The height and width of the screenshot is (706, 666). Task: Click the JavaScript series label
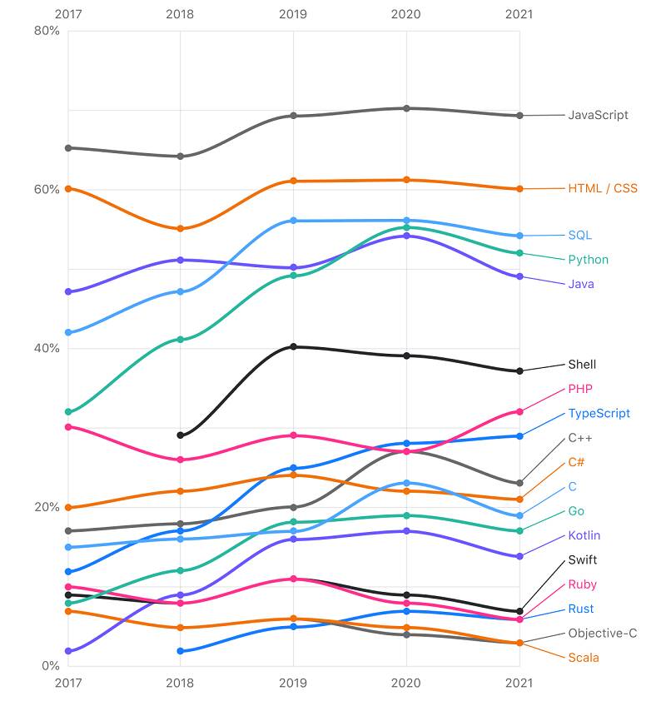598,115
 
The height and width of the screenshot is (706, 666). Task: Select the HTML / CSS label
603,188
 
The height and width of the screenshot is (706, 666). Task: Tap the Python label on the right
588,260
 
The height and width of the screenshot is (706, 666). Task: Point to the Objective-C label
603,634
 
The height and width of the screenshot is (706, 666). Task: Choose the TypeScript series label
599,414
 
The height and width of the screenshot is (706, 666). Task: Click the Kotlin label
584,536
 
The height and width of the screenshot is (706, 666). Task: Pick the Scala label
583,658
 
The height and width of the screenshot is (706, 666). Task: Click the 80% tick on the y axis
47,31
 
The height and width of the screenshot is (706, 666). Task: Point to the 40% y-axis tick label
47,348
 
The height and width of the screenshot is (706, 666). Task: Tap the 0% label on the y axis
50,666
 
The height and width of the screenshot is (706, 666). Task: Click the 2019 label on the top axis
293,14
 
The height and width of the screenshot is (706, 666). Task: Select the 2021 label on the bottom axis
519,683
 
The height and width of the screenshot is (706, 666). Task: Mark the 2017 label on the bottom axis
68,683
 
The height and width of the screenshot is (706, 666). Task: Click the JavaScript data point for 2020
406,108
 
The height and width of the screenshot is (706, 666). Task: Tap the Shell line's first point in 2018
181,435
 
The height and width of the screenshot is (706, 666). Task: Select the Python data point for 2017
68,412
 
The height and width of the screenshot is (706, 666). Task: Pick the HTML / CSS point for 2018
181,228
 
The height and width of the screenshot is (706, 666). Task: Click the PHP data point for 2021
519,411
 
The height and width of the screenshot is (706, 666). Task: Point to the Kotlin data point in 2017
68,651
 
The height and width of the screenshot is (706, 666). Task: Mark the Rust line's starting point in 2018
181,651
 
